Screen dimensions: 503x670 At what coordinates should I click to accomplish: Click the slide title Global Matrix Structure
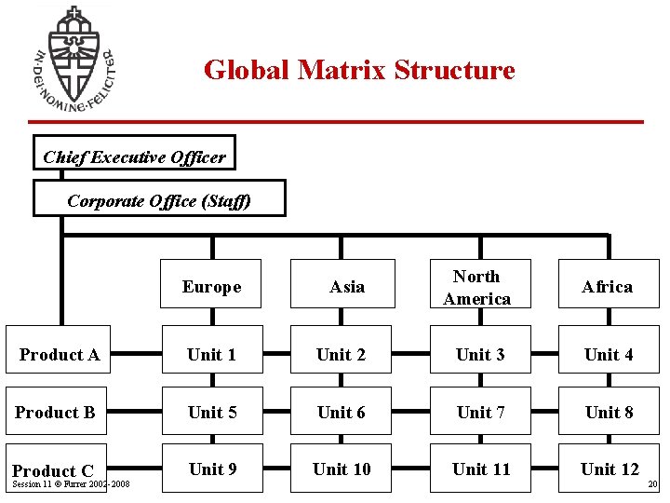point(359,70)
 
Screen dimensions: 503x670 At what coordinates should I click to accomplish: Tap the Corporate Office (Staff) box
point(159,198)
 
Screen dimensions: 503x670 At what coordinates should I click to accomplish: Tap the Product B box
point(56,411)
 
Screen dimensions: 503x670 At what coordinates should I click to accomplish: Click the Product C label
point(53,470)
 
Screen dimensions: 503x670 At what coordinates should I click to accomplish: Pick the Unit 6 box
point(342,411)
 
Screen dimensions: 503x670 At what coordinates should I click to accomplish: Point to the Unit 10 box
point(342,469)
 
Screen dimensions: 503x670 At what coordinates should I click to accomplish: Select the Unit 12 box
point(610,469)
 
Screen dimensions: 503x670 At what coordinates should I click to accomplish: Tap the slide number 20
point(652,484)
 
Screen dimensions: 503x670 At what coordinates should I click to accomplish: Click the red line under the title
point(335,121)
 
